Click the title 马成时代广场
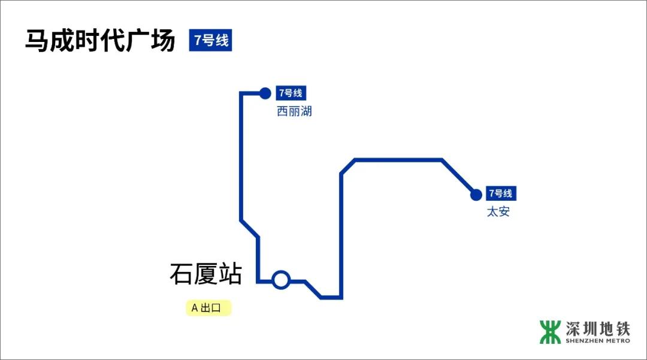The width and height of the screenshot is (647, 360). coord(100,40)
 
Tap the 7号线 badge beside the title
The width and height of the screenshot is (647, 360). coord(210,40)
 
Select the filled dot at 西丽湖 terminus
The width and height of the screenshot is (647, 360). coord(265,93)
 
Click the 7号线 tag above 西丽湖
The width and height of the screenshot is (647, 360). coord(291,93)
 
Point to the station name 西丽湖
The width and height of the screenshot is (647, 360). coord(294,111)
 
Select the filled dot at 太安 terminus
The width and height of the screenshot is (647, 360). coord(476,195)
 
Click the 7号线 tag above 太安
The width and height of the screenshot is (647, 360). coord(501,193)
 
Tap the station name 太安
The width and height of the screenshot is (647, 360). coord(498,211)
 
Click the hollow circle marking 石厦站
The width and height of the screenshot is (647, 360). coord(281,280)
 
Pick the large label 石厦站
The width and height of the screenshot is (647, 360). coord(206,274)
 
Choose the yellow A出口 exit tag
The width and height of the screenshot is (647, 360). coord(208,308)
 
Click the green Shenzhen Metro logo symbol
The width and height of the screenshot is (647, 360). coord(550,332)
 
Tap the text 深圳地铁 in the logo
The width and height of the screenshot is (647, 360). coord(598,329)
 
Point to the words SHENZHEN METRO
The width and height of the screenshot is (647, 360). coord(598,341)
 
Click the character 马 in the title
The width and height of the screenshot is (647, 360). coord(37,40)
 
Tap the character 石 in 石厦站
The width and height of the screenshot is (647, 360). coord(181,274)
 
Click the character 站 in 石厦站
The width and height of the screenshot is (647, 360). coord(230,274)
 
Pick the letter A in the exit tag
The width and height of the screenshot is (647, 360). coord(195,308)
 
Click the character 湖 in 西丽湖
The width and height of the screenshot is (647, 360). coord(306,111)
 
